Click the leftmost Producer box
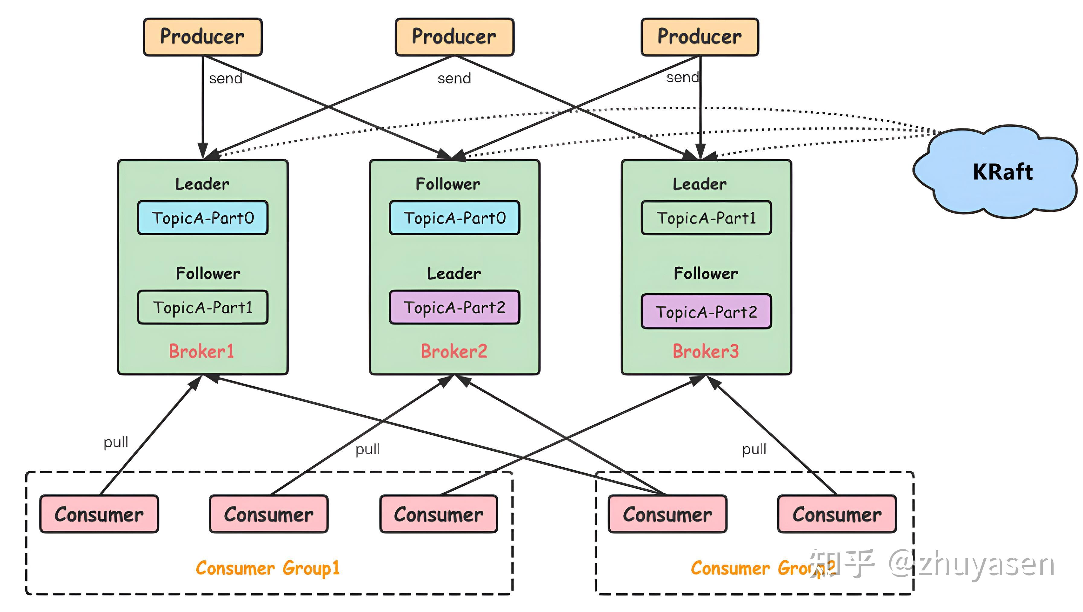203,37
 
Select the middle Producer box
454,37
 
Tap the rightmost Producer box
699,37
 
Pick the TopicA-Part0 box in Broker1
203,218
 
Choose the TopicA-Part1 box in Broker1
203,307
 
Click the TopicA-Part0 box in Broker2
455,218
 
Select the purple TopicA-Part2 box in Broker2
455,307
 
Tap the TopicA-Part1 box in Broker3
706,218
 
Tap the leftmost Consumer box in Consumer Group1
99,514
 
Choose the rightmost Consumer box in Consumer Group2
837,514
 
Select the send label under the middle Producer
454,79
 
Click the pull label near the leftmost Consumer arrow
116,443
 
